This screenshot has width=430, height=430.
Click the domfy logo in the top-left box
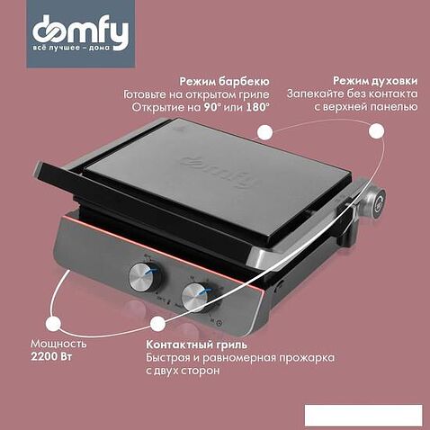click(80, 31)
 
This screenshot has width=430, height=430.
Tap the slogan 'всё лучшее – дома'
click(71, 48)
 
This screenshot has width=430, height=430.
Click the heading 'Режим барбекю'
click(224, 81)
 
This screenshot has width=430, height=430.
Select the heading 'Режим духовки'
click(375, 81)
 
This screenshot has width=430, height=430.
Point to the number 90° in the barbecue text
click(212, 107)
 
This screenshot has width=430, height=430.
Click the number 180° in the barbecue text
click(257, 107)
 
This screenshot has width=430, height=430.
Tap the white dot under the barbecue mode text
click(264, 132)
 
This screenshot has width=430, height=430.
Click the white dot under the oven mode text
click(376, 131)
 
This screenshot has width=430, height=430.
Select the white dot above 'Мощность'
click(53, 324)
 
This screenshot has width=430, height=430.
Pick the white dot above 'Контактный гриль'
click(157, 324)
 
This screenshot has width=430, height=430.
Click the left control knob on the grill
click(143, 277)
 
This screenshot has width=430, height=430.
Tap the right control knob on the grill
click(196, 298)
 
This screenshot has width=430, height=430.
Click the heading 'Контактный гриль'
click(197, 345)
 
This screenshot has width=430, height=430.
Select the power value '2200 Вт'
click(51, 357)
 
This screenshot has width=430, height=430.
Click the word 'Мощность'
click(58, 344)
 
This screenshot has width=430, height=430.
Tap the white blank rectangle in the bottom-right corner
click(363, 415)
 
